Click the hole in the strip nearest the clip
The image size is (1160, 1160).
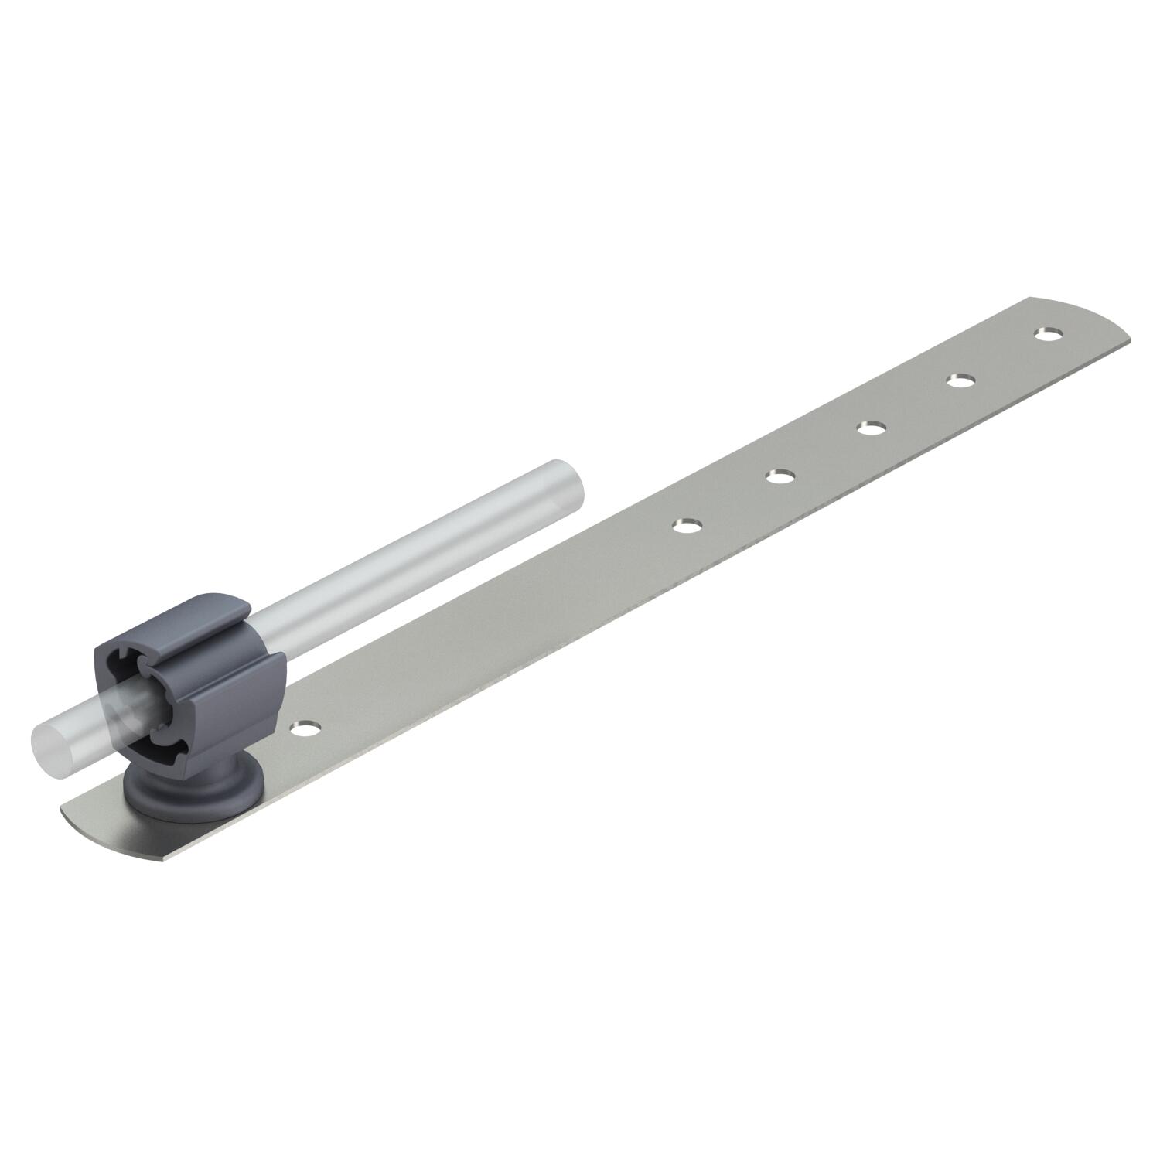(x=307, y=727)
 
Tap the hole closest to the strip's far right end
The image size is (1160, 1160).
(x=1048, y=334)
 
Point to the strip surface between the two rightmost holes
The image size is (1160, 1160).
(x=1004, y=357)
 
